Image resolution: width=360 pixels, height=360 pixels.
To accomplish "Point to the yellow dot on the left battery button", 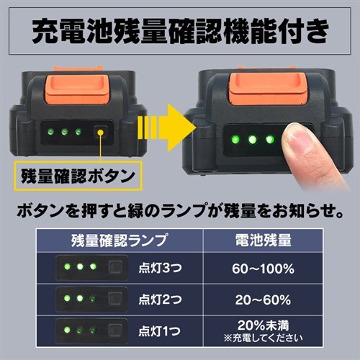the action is [x=101, y=132].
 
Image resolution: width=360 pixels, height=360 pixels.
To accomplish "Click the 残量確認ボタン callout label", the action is [x=78, y=176].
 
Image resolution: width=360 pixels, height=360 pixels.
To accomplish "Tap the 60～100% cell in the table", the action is [x=263, y=269].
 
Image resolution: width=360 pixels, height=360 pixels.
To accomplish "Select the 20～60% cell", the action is [x=263, y=300].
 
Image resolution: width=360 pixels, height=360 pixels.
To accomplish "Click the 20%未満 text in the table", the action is [x=263, y=325].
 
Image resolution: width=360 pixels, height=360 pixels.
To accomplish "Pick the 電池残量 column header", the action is [x=263, y=240].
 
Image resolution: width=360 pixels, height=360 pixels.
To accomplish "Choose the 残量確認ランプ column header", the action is [x=119, y=240].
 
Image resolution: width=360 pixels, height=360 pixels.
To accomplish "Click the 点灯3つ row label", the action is [x=160, y=268].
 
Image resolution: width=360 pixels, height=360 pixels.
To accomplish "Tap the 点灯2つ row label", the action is [x=160, y=300].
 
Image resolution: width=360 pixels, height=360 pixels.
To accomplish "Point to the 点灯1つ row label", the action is [x=159, y=331].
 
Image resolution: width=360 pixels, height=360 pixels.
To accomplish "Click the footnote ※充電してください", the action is [x=263, y=338].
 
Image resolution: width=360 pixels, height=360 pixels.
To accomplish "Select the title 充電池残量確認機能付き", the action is [x=180, y=32].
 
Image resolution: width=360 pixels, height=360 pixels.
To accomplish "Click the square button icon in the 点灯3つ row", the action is [x=115, y=267].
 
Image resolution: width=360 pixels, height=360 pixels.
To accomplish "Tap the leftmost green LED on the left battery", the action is [x=50, y=132].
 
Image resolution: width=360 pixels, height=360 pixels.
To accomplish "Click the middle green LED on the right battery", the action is [x=253, y=140].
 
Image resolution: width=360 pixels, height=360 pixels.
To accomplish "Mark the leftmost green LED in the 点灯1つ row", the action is [x=67, y=330].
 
